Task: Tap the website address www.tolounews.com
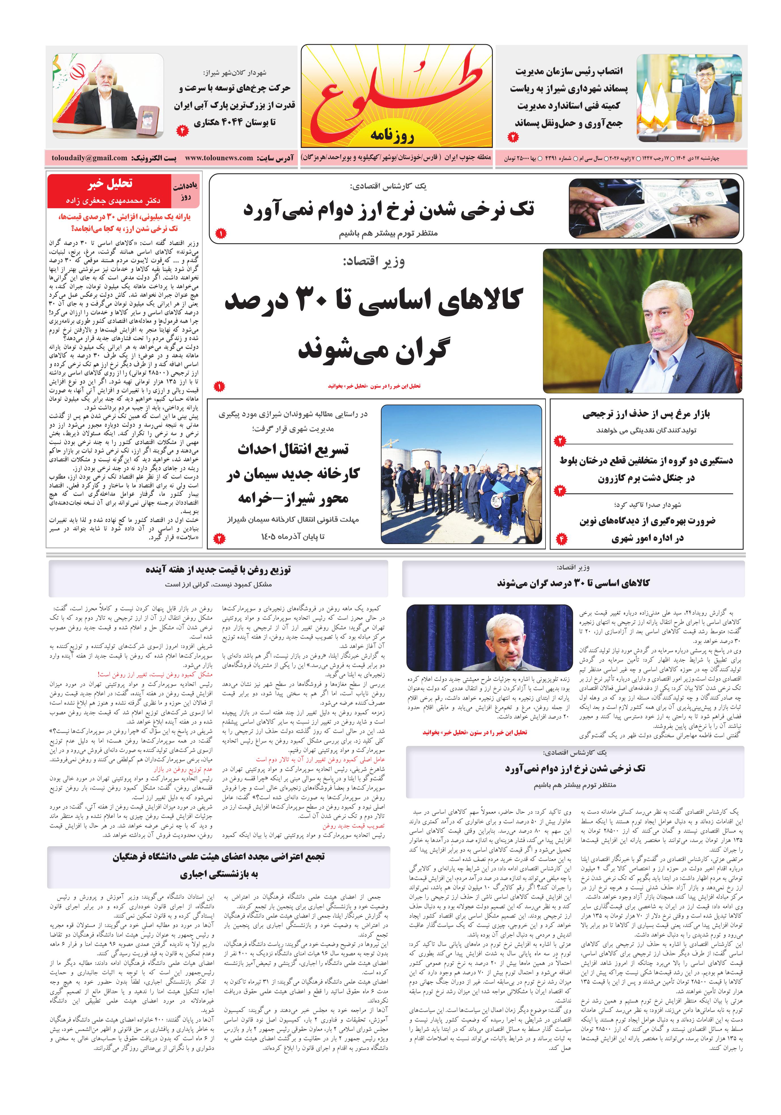pyautogui.click(x=219, y=158)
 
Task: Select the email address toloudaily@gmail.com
pyautogui.click(x=90, y=158)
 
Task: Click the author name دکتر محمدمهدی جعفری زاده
pyautogui.click(x=113, y=201)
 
